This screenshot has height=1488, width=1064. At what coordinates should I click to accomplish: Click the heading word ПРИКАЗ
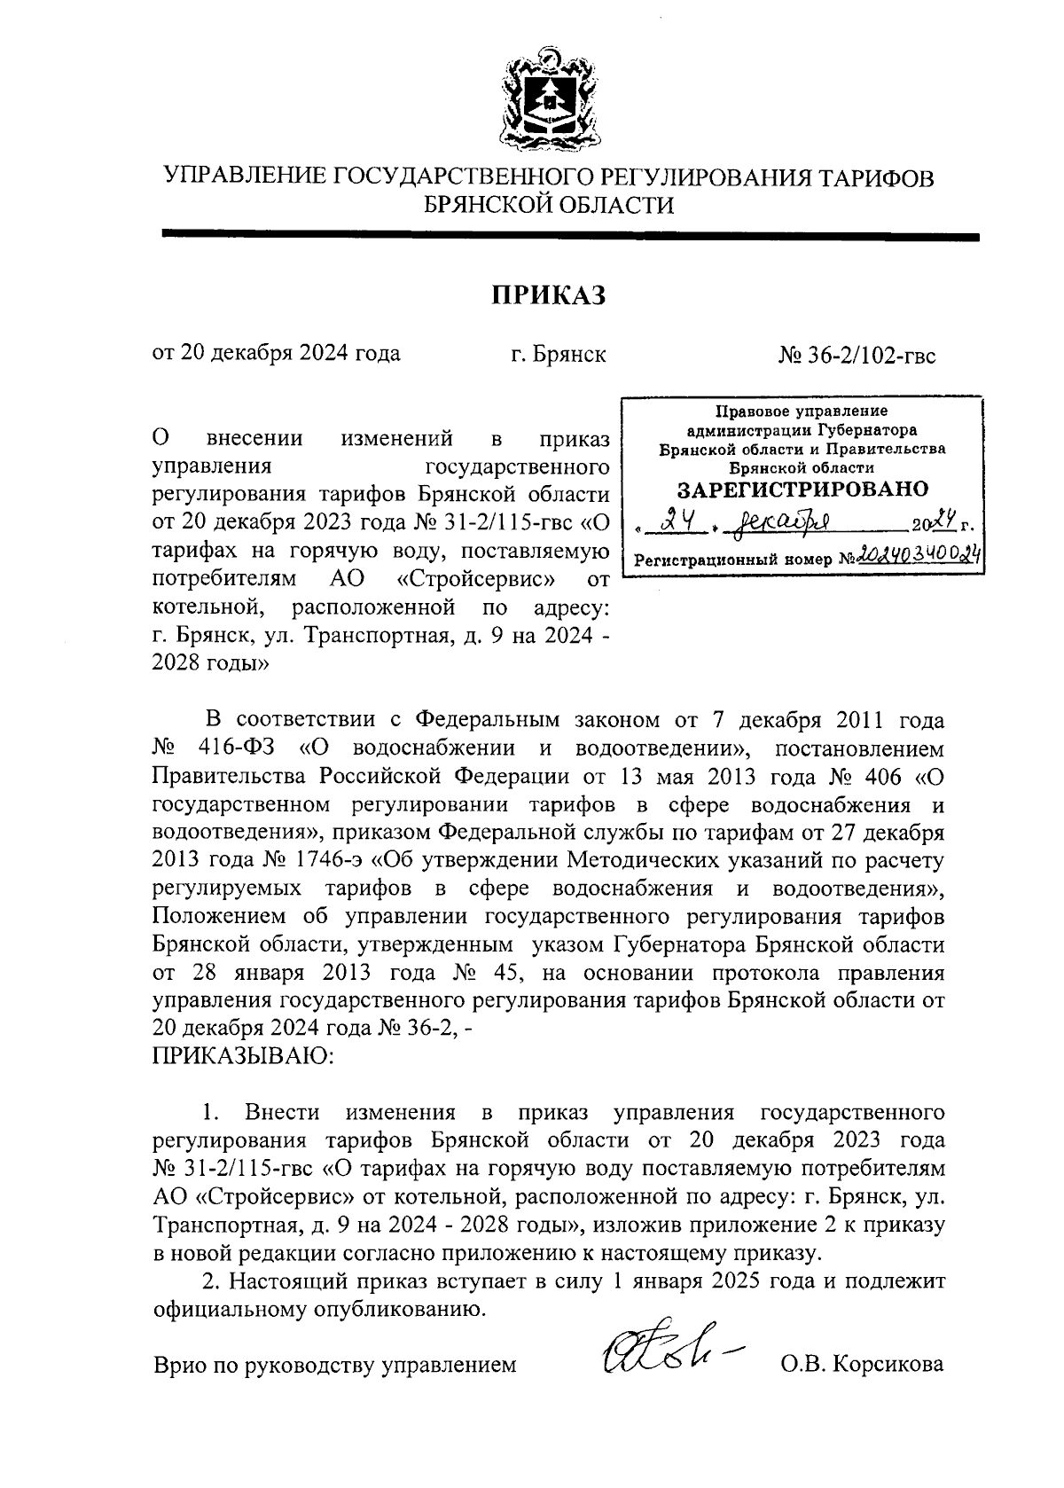coord(548,295)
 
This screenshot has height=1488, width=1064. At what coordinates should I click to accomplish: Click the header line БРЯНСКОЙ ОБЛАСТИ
coord(549,206)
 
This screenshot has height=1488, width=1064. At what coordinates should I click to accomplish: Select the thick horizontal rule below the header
coord(569,237)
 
